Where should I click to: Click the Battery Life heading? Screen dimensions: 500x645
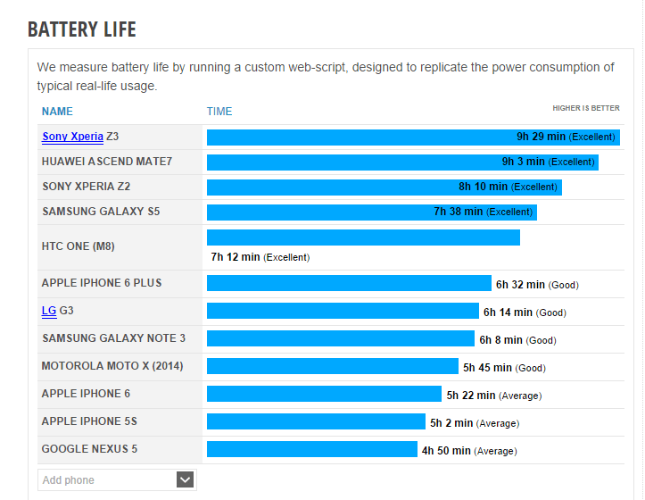[82, 29]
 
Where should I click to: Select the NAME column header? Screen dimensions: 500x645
[57, 112]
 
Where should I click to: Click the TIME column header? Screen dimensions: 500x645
[219, 112]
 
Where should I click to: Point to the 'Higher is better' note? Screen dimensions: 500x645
[585, 108]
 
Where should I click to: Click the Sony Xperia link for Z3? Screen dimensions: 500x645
[72, 137]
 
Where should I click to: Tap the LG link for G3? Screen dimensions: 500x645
[49, 311]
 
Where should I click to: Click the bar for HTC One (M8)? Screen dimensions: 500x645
[363, 237]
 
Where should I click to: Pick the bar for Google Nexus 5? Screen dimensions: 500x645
[311, 449]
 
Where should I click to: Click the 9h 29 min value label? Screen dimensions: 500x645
[541, 137]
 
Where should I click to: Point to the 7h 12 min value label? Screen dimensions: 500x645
[236, 257]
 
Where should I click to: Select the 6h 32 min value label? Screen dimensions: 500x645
[520, 285]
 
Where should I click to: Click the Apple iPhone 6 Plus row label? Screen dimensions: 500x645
[102, 283]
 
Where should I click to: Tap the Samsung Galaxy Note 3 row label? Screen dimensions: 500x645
[113, 338]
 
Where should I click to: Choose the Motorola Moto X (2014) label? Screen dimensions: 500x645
[112, 366]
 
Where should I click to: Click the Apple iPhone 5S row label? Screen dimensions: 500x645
[89, 421]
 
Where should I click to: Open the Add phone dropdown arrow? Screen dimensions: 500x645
[185, 479]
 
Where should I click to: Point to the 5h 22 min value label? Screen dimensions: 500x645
[471, 396]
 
